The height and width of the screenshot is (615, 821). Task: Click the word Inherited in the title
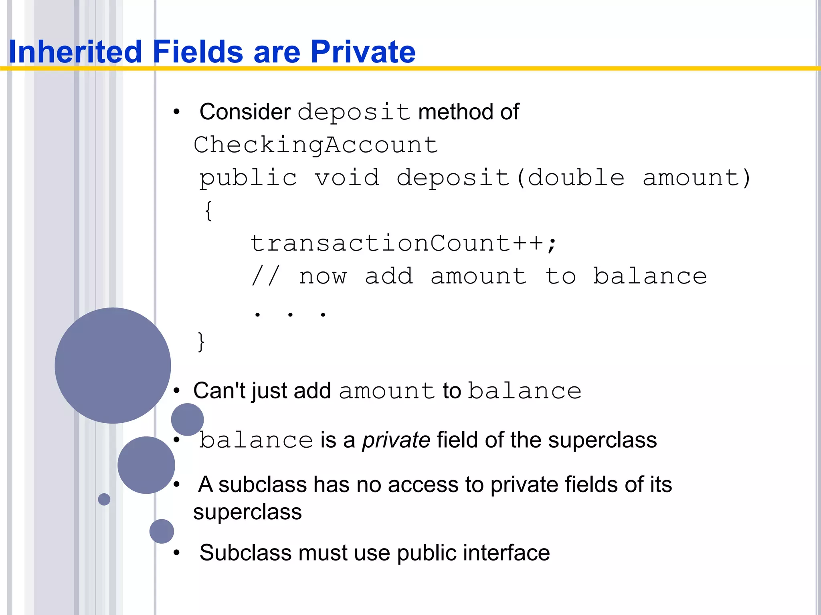[x=75, y=52]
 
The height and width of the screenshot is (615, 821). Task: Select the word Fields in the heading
[x=198, y=52]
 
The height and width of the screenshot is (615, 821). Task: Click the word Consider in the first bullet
[x=245, y=112]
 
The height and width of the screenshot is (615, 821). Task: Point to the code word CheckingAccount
[x=315, y=145]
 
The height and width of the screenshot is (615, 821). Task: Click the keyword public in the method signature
[x=248, y=178]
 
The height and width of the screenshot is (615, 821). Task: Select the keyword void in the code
[x=347, y=178]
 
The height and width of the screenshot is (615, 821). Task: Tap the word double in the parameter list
[x=576, y=178]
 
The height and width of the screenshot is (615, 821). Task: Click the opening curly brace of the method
[x=208, y=211]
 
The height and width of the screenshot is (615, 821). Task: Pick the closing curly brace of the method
[x=201, y=342]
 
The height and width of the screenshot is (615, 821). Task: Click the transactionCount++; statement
[x=403, y=243]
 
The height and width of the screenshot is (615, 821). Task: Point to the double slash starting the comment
[x=265, y=276]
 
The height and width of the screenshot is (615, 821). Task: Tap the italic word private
[x=396, y=440]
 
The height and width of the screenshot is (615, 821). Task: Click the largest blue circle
[x=113, y=365]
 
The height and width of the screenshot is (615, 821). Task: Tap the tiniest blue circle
[x=104, y=499]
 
